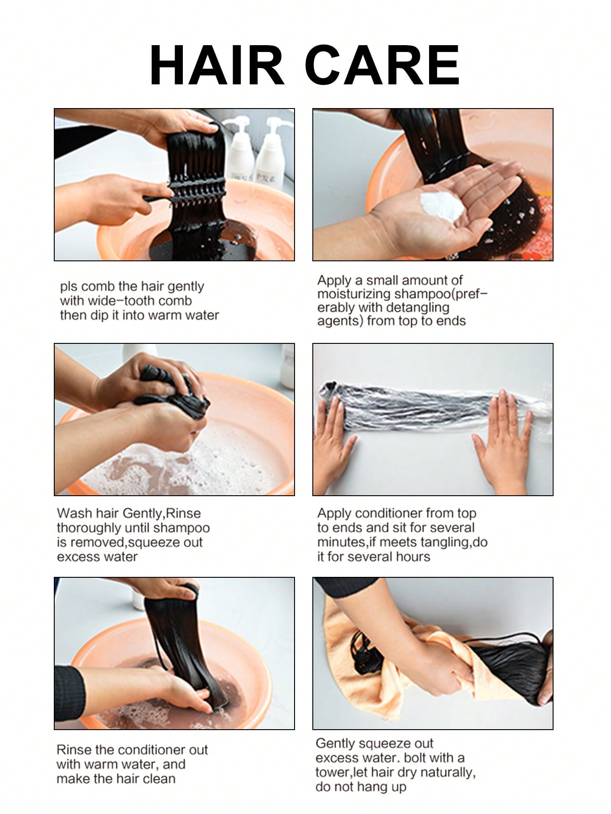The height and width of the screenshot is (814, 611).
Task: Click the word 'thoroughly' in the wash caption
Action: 89,528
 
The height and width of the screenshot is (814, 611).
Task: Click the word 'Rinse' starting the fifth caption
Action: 74,750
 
